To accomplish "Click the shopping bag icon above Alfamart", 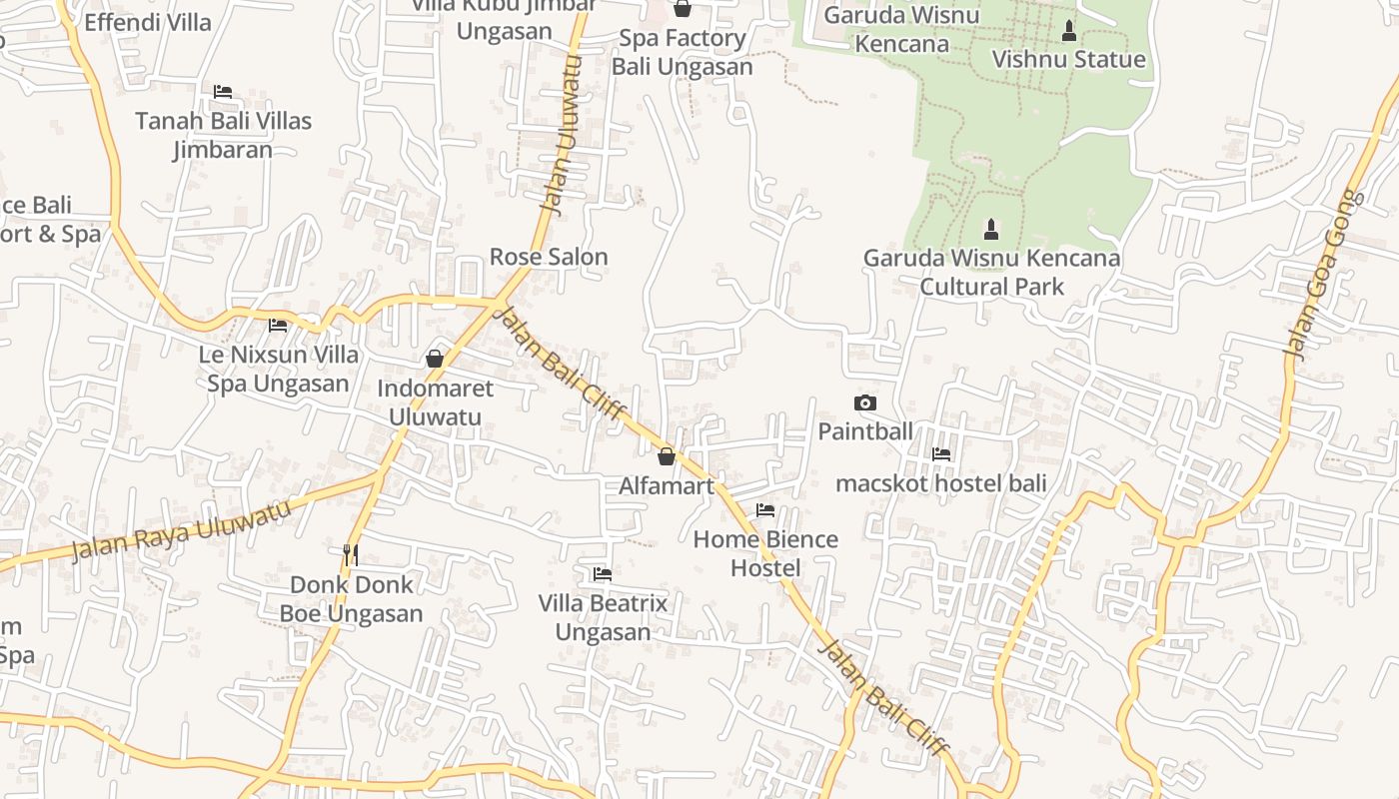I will pyautogui.click(x=667, y=457).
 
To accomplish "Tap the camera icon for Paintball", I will pyautogui.click(x=865, y=403).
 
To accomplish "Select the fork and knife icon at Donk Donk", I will pyautogui.click(x=351, y=555).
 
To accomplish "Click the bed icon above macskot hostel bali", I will pyautogui.click(x=941, y=454).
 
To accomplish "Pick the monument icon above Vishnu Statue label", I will pyautogui.click(x=1068, y=31).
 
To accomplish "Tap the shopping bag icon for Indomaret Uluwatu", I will pyautogui.click(x=435, y=359).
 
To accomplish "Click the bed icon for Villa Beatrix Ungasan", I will pyautogui.click(x=603, y=574).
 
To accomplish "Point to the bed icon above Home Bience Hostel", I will pyautogui.click(x=765, y=510).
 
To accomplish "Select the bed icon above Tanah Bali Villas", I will pyautogui.click(x=223, y=92).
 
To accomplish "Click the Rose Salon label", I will pyautogui.click(x=549, y=257).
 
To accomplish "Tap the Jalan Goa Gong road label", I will pyautogui.click(x=1325, y=275).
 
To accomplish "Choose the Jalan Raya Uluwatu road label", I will pyautogui.click(x=181, y=529).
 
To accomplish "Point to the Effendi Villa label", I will pyautogui.click(x=148, y=22).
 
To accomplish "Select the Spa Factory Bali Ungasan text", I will pyautogui.click(x=682, y=53).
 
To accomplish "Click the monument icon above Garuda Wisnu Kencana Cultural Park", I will pyautogui.click(x=991, y=230).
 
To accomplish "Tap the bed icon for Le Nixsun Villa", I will pyautogui.click(x=278, y=326).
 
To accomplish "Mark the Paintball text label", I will pyautogui.click(x=865, y=431).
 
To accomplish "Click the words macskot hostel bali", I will pyautogui.click(x=941, y=483).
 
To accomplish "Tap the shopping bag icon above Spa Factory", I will pyautogui.click(x=683, y=9).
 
